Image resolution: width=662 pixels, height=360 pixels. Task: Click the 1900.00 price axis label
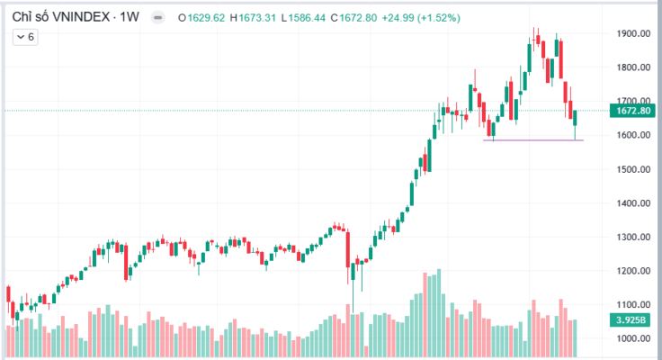[633, 34]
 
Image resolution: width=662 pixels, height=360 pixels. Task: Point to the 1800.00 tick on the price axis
[633, 67]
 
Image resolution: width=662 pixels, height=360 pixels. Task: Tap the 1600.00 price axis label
[633, 136]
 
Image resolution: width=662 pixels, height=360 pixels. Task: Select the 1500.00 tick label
[633, 169]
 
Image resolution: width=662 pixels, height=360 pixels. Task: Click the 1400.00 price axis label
[633, 203]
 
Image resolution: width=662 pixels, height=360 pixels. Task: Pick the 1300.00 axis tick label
[633, 238]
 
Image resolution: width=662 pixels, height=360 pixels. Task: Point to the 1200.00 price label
[633, 271]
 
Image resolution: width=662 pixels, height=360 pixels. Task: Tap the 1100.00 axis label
[633, 305]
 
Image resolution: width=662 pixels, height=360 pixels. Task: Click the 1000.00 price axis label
[633, 339]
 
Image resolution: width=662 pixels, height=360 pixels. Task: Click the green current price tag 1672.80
[633, 111]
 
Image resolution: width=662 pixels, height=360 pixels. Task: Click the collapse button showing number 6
[25, 37]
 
